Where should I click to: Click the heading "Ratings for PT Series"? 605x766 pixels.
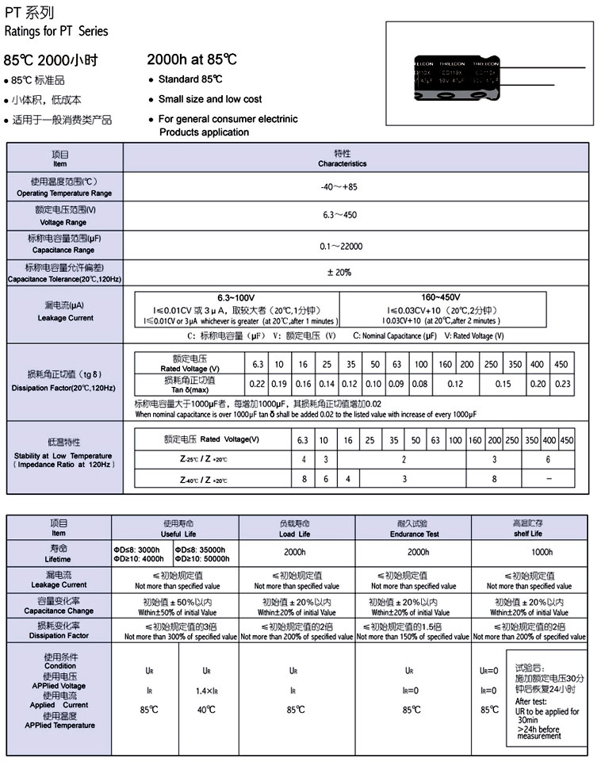click(x=56, y=32)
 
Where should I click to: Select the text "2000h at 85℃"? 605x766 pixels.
click(x=192, y=59)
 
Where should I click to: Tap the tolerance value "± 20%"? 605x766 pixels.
click(x=339, y=273)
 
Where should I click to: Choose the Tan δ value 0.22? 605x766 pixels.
click(x=257, y=384)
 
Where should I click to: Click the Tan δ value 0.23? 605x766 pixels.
click(x=562, y=384)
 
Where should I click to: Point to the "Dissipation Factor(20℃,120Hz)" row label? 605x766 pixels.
click(x=64, y=388)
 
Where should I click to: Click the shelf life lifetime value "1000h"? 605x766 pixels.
click(x=530, y=552)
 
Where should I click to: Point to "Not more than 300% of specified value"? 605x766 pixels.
click(x=175, y=637)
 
